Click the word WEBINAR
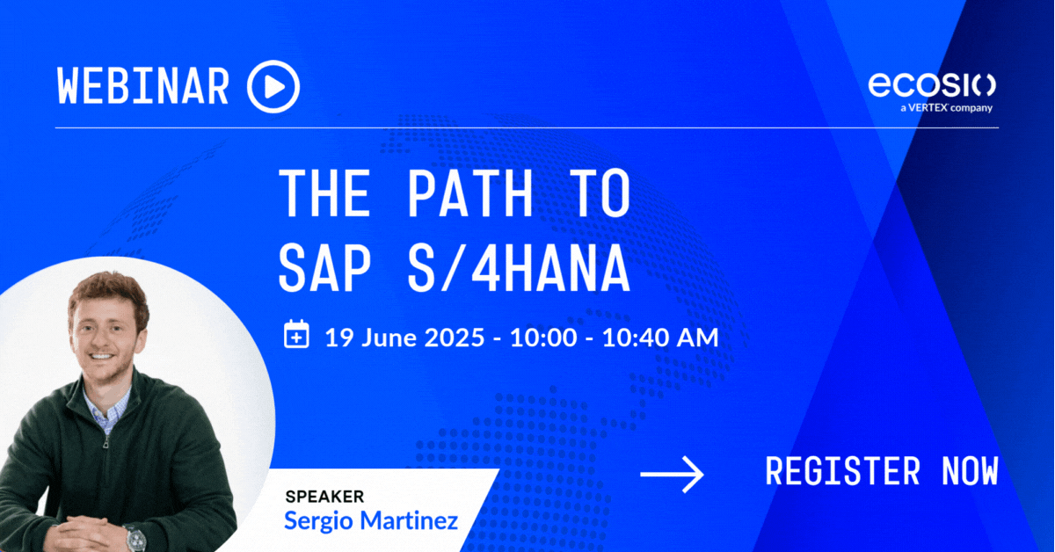[143, 86]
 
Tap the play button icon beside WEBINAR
[273, 87]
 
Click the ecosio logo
[932, 85]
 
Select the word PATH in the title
[470, 193]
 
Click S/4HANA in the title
[519, 271]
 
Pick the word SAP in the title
[325, 271]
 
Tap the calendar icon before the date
[297, 334]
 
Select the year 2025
[455, 338]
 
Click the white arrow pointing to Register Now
[672, 475]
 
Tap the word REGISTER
[842, 471]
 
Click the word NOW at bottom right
[971, 471]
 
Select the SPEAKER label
[324, 497]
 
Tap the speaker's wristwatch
[135, 538]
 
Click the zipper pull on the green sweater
[106, 442]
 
